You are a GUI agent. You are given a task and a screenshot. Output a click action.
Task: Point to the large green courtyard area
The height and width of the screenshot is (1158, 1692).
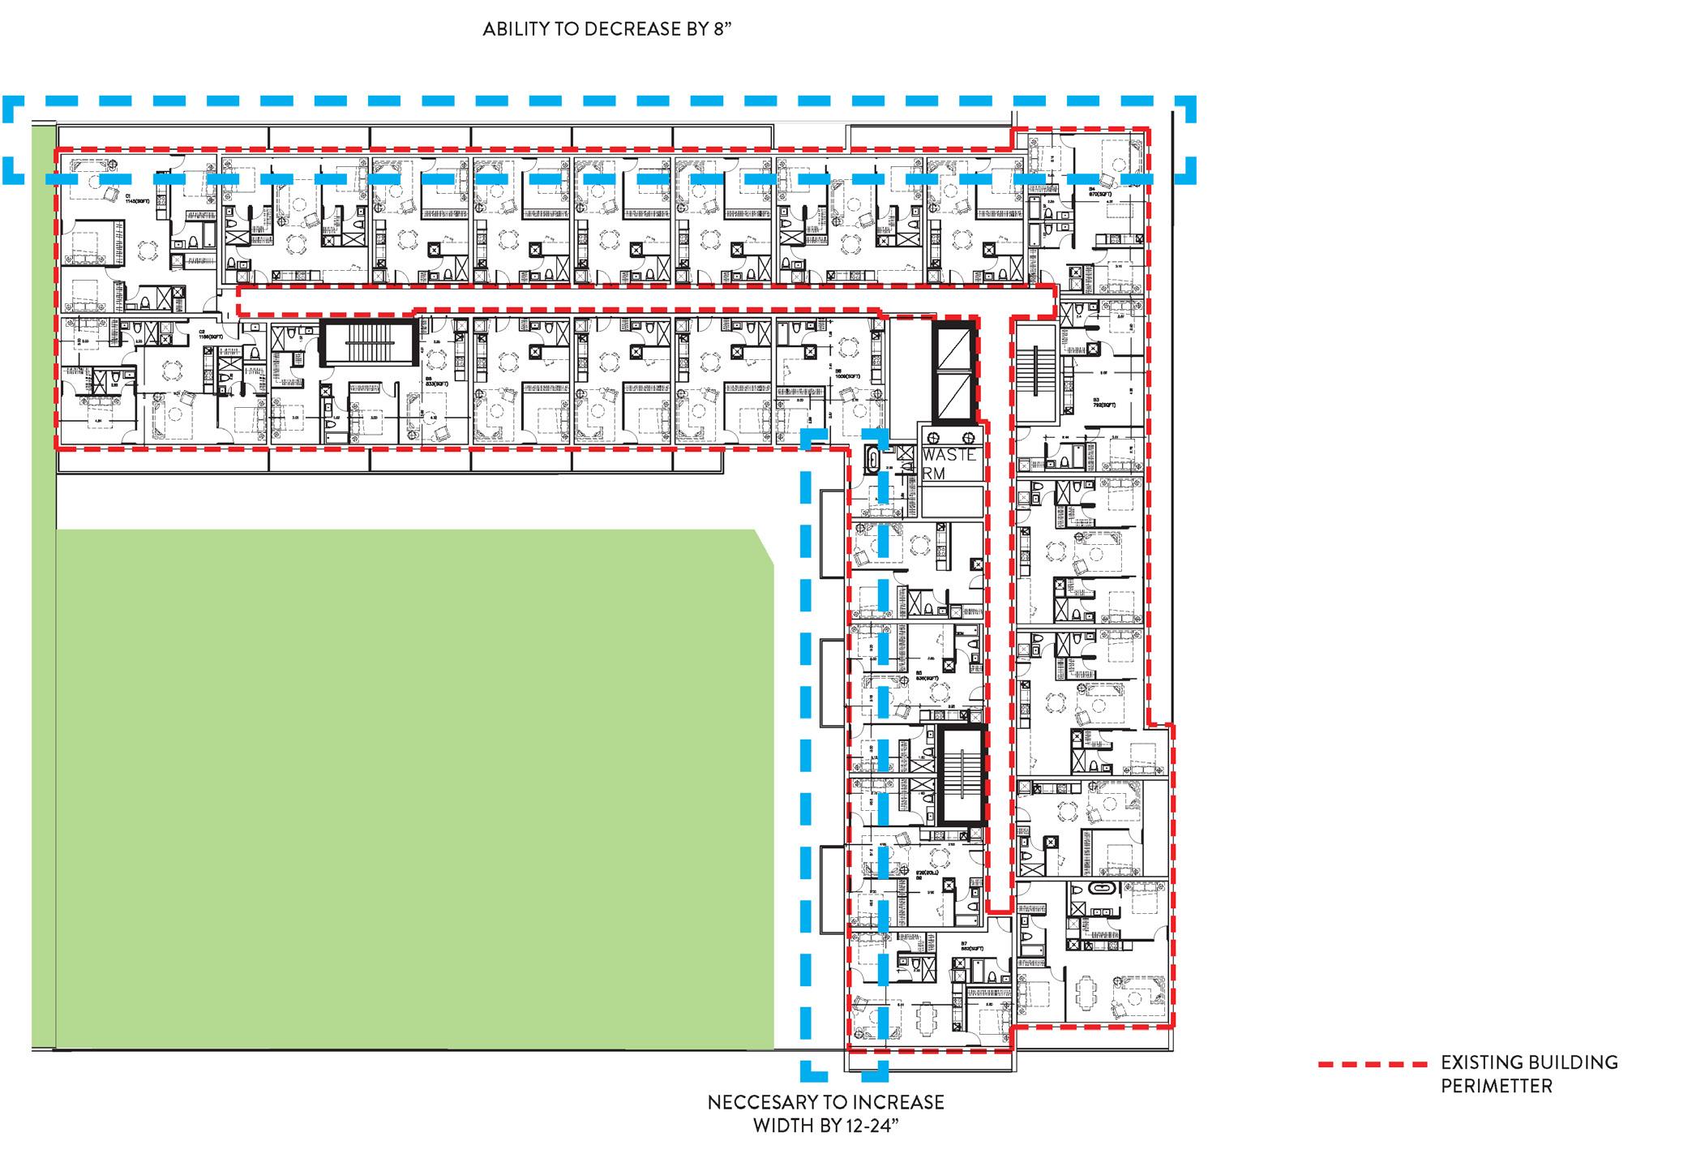[x=405, y=787]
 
